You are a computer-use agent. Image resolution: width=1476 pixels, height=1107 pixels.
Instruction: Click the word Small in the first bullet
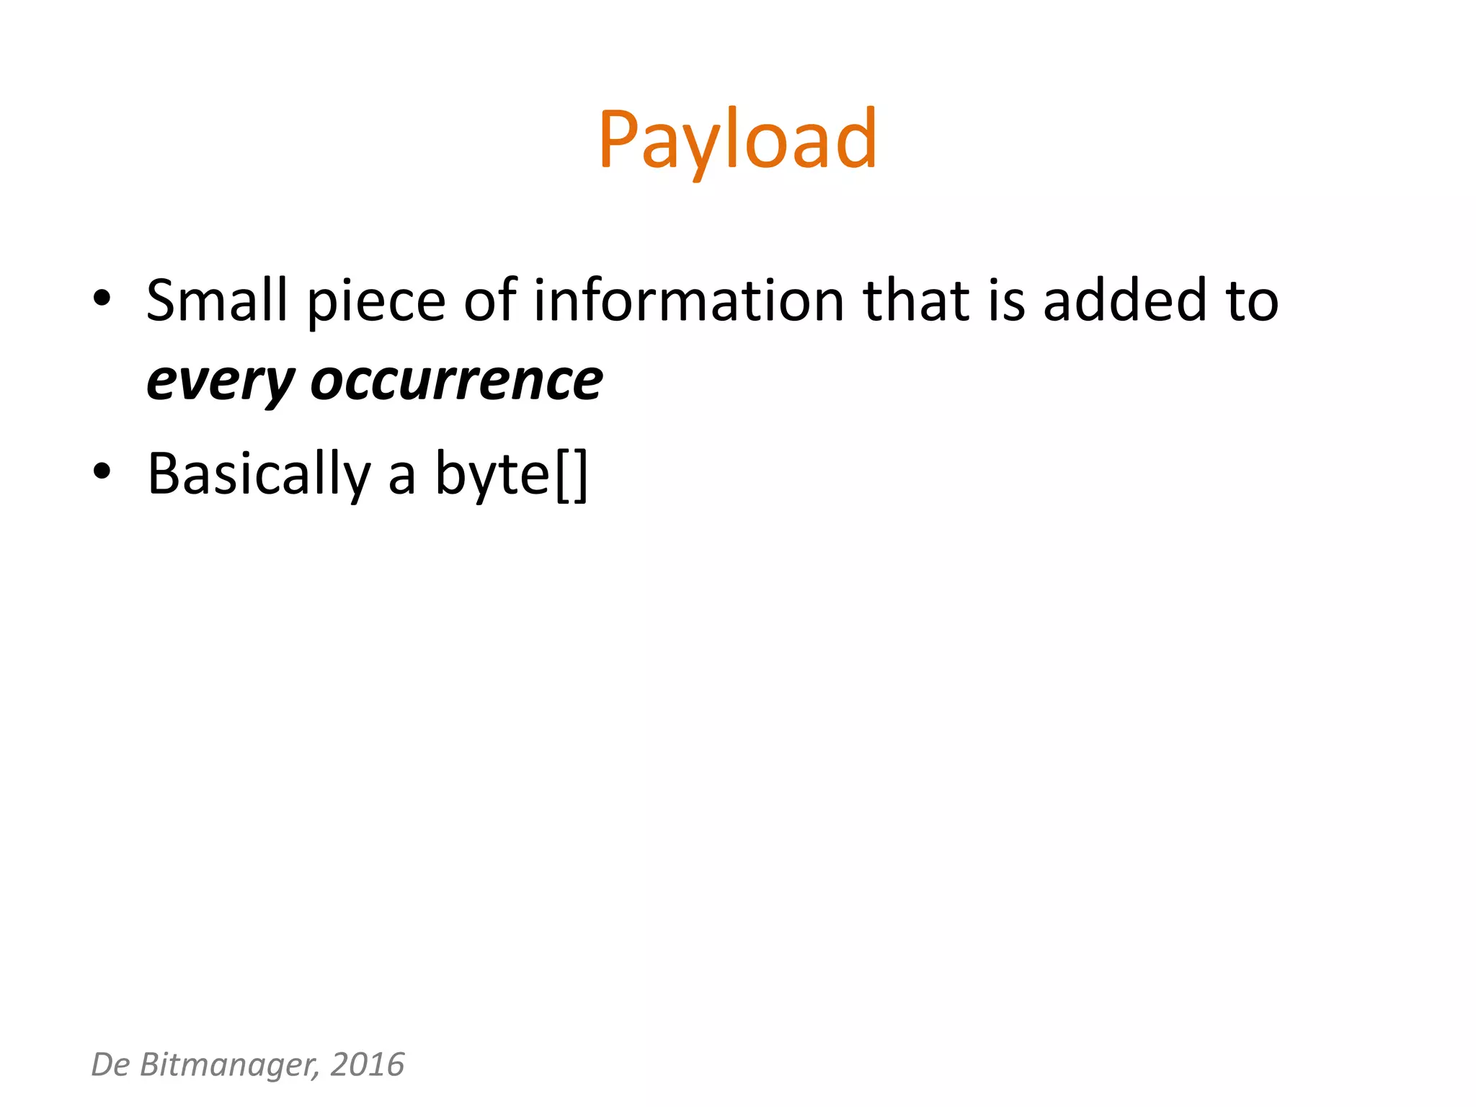[216, 300]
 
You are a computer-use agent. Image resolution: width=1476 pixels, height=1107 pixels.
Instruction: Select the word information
[688, 300]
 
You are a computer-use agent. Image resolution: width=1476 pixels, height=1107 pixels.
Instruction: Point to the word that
[916, 300]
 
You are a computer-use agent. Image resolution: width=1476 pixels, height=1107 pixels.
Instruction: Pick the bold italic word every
[220, 382]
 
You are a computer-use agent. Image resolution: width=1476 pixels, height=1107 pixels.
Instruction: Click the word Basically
[259, 474]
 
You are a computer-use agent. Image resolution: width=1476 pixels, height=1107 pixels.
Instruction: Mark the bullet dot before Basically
[102, 471]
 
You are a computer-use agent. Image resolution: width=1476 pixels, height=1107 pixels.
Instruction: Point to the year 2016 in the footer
[368, 1064]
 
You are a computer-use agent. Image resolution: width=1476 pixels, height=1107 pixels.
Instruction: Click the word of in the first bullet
[489, 300]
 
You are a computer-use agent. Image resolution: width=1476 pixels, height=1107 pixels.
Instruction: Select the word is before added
[1006, 300]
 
